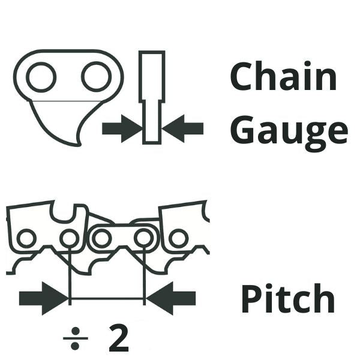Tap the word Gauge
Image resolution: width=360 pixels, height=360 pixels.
click(289, 131)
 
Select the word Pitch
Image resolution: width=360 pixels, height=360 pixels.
click(287, 299)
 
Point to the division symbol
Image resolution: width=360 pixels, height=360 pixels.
click(76, 339)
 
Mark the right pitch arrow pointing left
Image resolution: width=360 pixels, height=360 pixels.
click(172, 298)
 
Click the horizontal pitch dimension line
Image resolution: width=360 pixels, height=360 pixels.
click(107, 298)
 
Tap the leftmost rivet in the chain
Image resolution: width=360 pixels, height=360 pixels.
click(25, 238)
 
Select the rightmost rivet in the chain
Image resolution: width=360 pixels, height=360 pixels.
click(178, 238)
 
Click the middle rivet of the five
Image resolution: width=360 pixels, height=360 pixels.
click(101, 238)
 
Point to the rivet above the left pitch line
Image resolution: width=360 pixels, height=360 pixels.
click(69, 238)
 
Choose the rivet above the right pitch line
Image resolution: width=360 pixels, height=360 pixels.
click(144, 238)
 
